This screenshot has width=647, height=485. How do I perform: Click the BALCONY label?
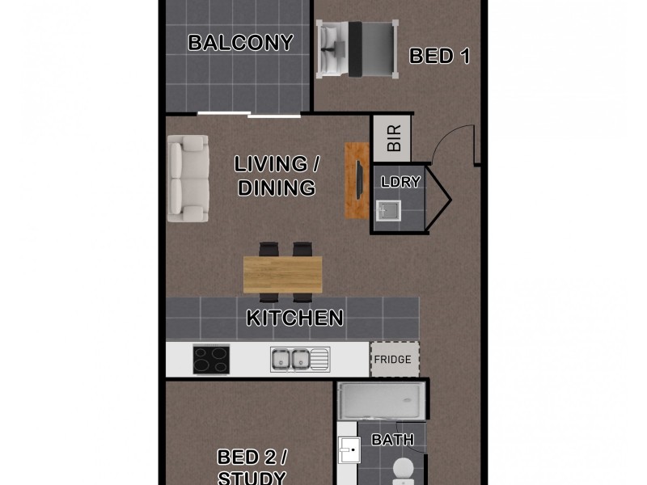click(240, 43)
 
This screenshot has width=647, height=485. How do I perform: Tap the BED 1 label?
click(439, 56)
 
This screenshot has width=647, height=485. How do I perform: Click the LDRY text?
click(400, 182)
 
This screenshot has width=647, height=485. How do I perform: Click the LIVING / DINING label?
click(276, 176)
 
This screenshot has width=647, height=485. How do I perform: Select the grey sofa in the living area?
click(187, 179)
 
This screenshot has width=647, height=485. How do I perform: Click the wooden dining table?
click(282, 274)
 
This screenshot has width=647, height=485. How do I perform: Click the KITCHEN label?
click(294, 318)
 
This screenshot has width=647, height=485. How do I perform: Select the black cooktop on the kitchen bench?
click(211, 359)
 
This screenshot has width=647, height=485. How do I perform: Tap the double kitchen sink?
click(290, 358)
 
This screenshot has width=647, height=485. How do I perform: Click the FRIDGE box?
click(395, 360)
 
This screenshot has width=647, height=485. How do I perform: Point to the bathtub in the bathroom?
click(383, 401)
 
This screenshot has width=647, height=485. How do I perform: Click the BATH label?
click(392, 441)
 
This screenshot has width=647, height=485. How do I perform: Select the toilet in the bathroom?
click(402, 470)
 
